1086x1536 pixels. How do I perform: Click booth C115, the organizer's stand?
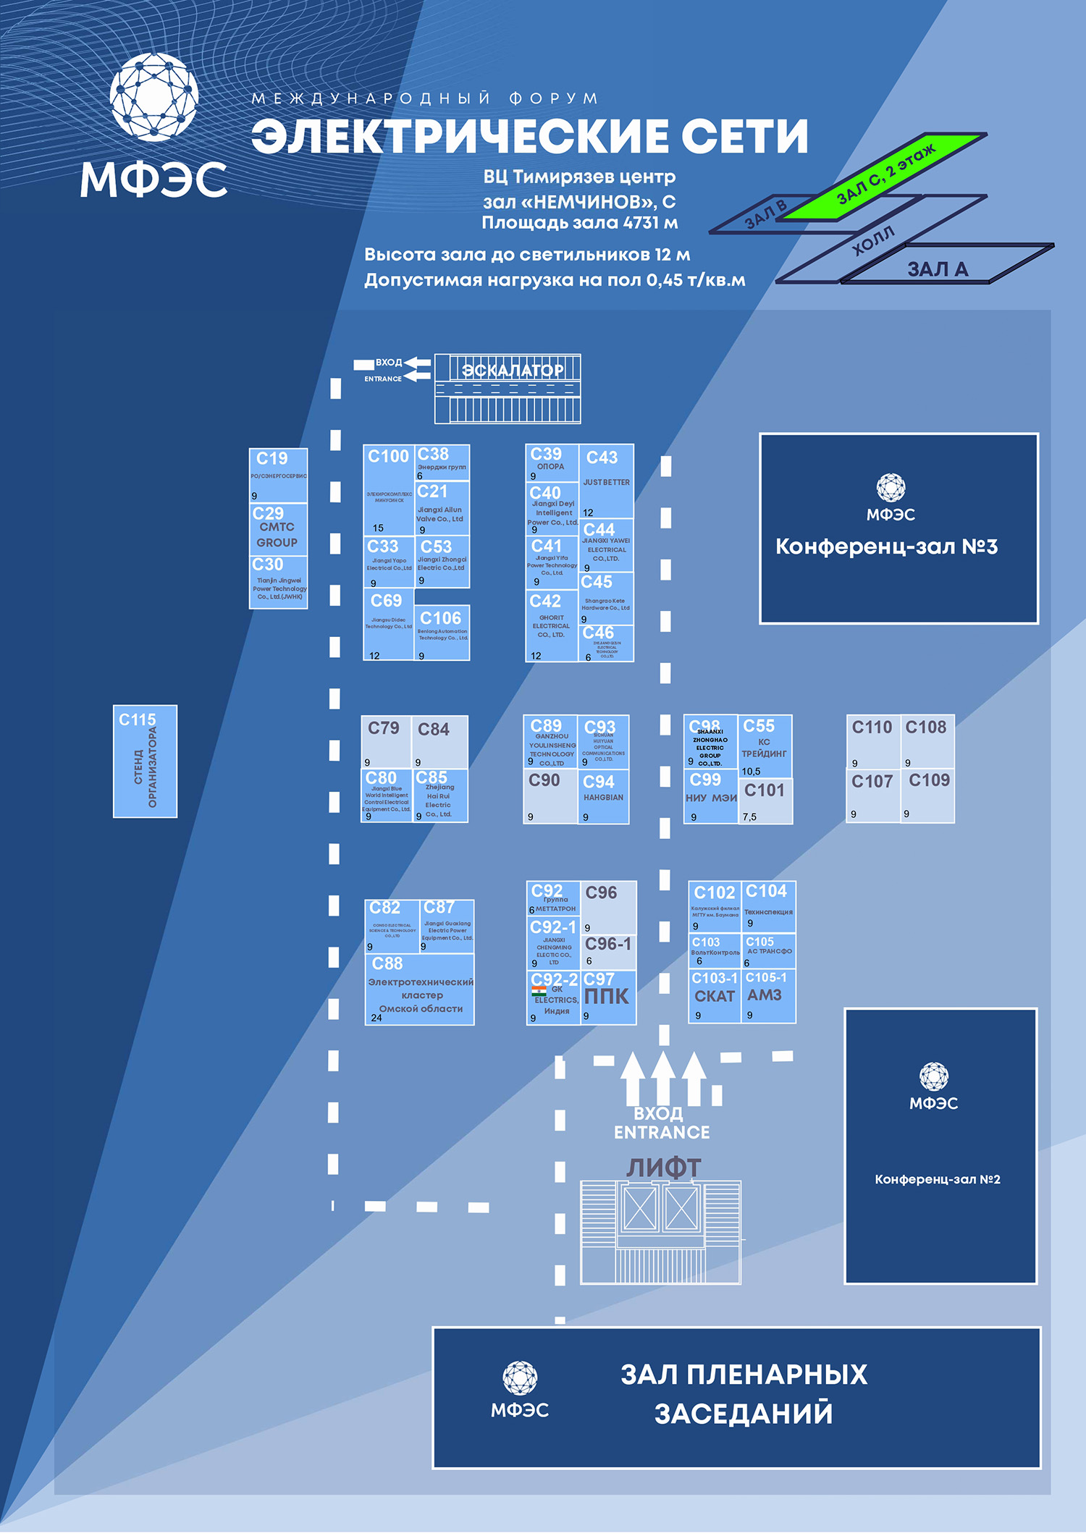pos(145,761)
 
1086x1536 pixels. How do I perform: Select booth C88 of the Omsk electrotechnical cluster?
pos(420,989)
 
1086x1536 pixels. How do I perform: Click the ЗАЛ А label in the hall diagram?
pos(938,269)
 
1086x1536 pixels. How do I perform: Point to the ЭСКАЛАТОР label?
pos(513,370)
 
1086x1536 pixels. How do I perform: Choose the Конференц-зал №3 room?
pos(898,528)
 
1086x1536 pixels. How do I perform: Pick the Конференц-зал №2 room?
pos(940,1146)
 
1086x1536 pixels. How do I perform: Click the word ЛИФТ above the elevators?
pos(663,1168)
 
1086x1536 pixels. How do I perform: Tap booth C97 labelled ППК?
pos(607,997)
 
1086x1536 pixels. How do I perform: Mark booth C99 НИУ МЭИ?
pos(710,797)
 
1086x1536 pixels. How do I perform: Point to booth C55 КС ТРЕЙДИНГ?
pos(765,746)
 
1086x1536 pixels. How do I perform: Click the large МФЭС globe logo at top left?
pos(153,96)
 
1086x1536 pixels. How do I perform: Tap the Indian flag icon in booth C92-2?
pos(539,991)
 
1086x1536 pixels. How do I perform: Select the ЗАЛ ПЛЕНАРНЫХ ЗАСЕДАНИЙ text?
pos(744,1393)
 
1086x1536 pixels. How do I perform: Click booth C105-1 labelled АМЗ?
pos(767,996)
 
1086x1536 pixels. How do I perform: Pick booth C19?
pos(278,475)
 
